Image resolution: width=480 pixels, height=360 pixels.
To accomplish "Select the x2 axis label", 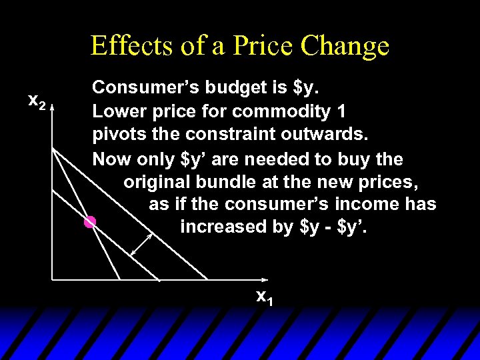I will click(36, 101).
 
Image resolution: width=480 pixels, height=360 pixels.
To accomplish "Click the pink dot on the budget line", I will click(90, 222).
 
